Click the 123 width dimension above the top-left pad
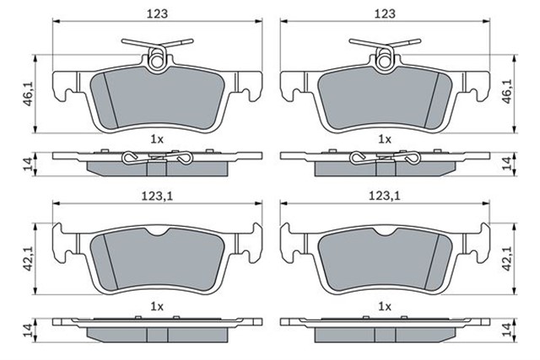(158, 13)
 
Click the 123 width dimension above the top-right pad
(385, 13)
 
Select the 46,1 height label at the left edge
(29, 94)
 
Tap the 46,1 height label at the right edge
(508, 92)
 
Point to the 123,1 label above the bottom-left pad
(158, 196)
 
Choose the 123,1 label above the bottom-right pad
(385, 196)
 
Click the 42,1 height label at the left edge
(29, 258)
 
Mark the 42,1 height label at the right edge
(508, 258)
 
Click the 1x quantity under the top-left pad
(157, 139)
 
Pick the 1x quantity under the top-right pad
(385, 139)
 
